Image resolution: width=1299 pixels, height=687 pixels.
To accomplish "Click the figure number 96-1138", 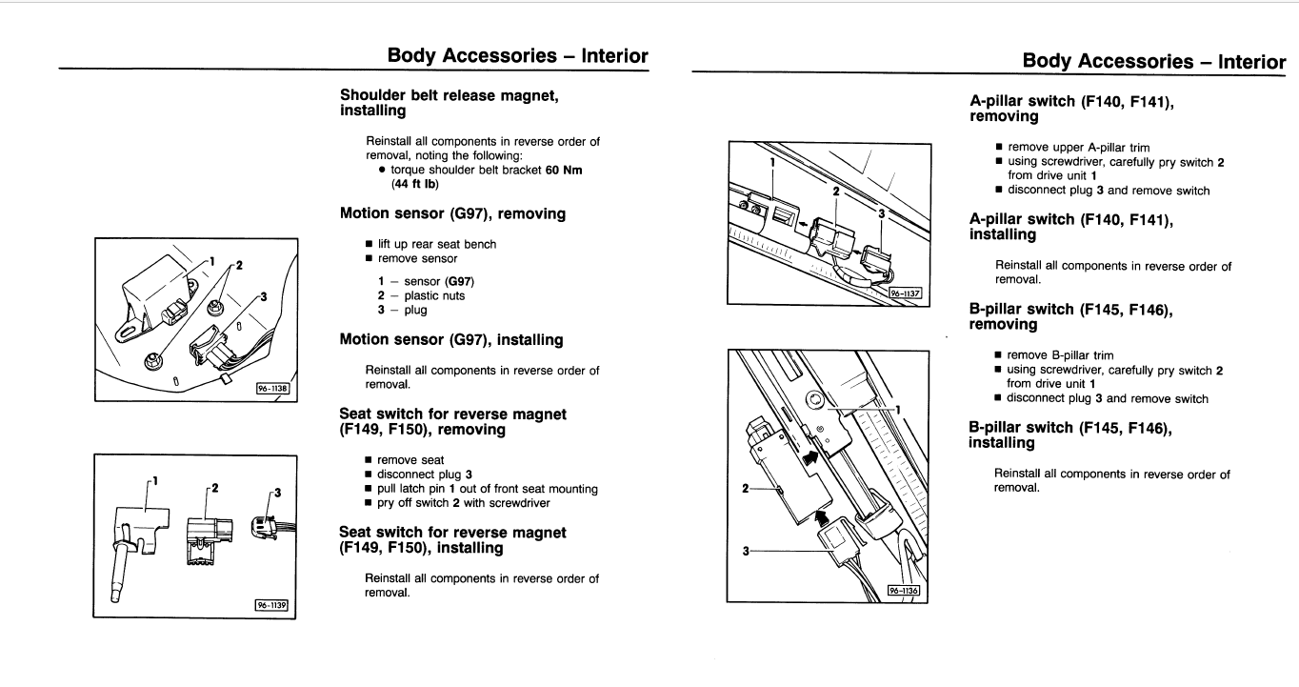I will (272, 388).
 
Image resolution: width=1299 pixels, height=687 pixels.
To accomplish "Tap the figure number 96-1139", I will (271, 604).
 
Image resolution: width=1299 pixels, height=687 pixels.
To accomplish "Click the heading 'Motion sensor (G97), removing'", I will (452, 214).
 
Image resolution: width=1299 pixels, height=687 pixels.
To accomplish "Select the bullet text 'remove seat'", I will (410, 460).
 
